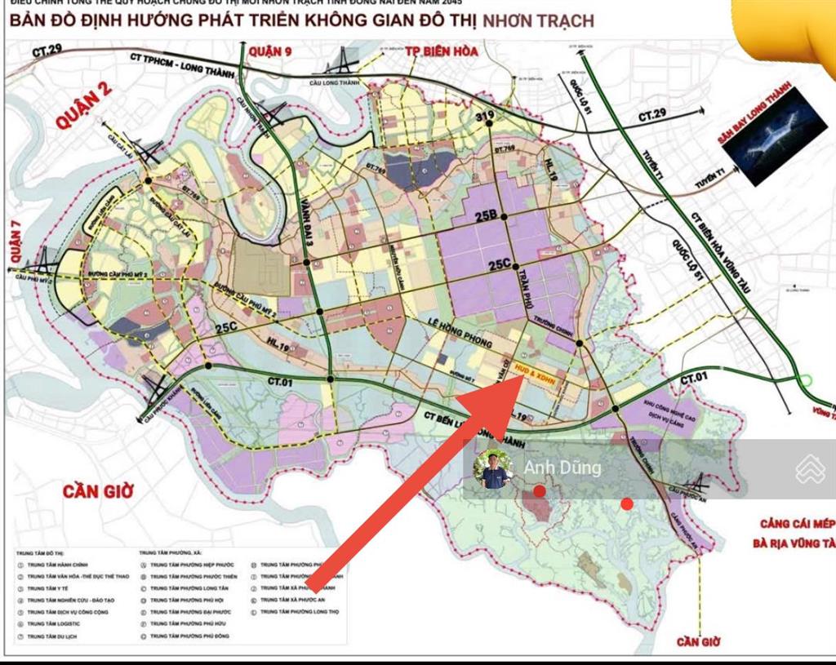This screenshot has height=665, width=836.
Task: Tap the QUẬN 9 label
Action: [271, 52]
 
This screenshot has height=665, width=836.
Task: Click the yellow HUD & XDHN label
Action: [536, 377]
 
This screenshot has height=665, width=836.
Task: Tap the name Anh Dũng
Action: [563, 468]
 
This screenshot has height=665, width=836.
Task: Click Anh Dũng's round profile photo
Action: [493, 468]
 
